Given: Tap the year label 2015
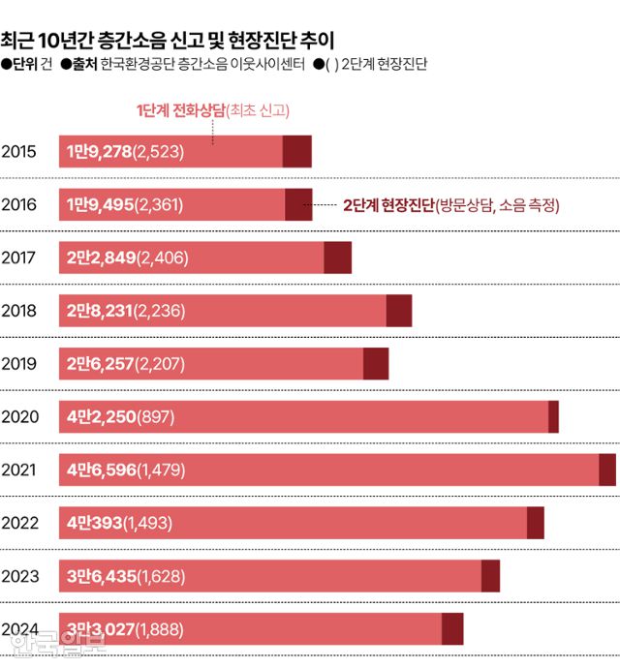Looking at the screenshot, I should [19, 151].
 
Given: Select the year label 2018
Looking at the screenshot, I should [19, 311].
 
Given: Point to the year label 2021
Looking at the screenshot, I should [19, 470].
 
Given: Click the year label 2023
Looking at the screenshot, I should [19, 576].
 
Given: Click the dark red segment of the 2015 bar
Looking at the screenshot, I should [296, 151].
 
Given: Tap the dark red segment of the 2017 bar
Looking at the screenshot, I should [337, 258].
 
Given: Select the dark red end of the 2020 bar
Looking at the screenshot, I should [553, 416].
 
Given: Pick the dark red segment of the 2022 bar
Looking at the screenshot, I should [535, 523].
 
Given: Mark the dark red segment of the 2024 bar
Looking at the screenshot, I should [452, 629].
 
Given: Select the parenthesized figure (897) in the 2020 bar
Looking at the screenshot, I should [157, 416].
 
